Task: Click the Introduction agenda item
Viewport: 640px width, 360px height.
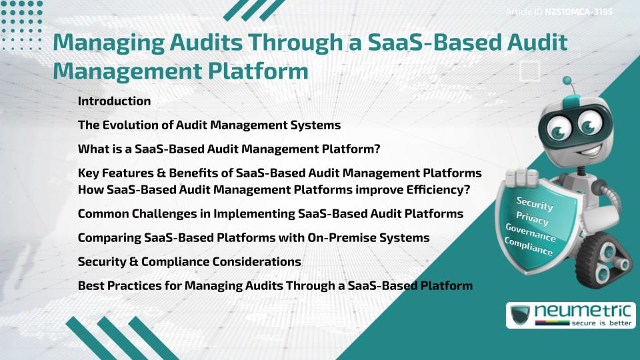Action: [114, 101]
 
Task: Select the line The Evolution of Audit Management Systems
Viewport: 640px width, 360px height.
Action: [209, 125]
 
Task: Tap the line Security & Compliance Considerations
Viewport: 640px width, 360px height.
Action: [189, 261]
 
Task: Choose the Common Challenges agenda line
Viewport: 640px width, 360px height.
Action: [271, 214]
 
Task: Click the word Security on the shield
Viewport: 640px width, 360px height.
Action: [535, 204]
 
